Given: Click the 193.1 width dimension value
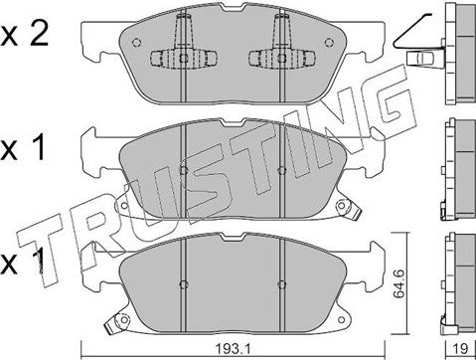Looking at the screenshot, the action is (x=232, y=348).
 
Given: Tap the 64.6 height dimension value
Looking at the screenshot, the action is (x=398, y=283).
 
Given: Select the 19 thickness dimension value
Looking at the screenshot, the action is (x=460, y=348).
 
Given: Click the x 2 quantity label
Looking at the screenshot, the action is (x=25, y=35).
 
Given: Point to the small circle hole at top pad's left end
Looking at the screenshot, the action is (x=136, y=43).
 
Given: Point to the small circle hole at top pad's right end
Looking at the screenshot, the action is (x=329, y=43).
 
